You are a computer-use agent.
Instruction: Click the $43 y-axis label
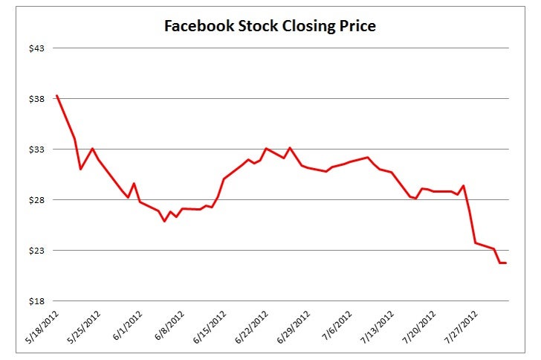[x=36, y=48]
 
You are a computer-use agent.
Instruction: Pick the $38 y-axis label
[x=36, y=99]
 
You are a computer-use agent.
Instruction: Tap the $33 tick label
[x=36, y=150]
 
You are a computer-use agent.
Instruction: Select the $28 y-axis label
[x=36, y=200]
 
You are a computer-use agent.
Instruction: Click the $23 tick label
[x=36, y=251]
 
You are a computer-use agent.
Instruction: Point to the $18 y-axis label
[x=36, y=301]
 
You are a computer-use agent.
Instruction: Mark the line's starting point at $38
[x=56, y=95]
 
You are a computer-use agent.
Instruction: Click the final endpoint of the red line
[x=506, y=263]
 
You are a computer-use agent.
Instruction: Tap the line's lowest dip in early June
[x=165, y=222]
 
